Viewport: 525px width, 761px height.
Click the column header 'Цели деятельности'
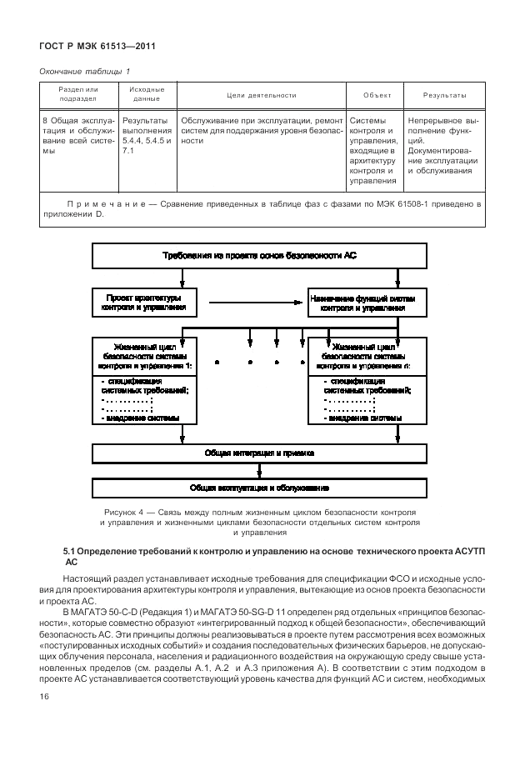261,94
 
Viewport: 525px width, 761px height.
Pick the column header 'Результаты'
444,94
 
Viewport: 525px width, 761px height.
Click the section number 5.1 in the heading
71,553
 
